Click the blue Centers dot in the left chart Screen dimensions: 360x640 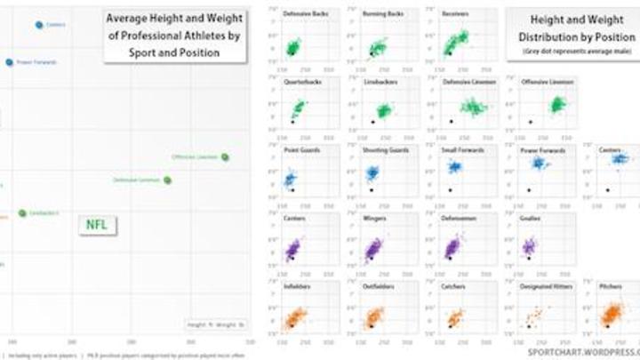[x=39, y=25]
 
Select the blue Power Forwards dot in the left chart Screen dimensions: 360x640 [x=10, y=62]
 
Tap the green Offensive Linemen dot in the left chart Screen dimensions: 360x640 [x=225, y=157]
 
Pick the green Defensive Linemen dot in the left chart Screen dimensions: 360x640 [x=167, y=180]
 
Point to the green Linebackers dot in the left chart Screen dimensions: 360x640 [x=22, y=213]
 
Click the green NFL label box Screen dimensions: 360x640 [x=96, y=225]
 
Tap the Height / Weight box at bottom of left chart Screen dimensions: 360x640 [x=216, y=325]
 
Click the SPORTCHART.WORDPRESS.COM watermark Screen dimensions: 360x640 [x=583, y=352]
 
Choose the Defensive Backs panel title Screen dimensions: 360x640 [x=302, y=15]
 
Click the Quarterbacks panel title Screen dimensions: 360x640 [x=301, y=82]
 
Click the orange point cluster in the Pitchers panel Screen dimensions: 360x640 [x=612, y=315]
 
